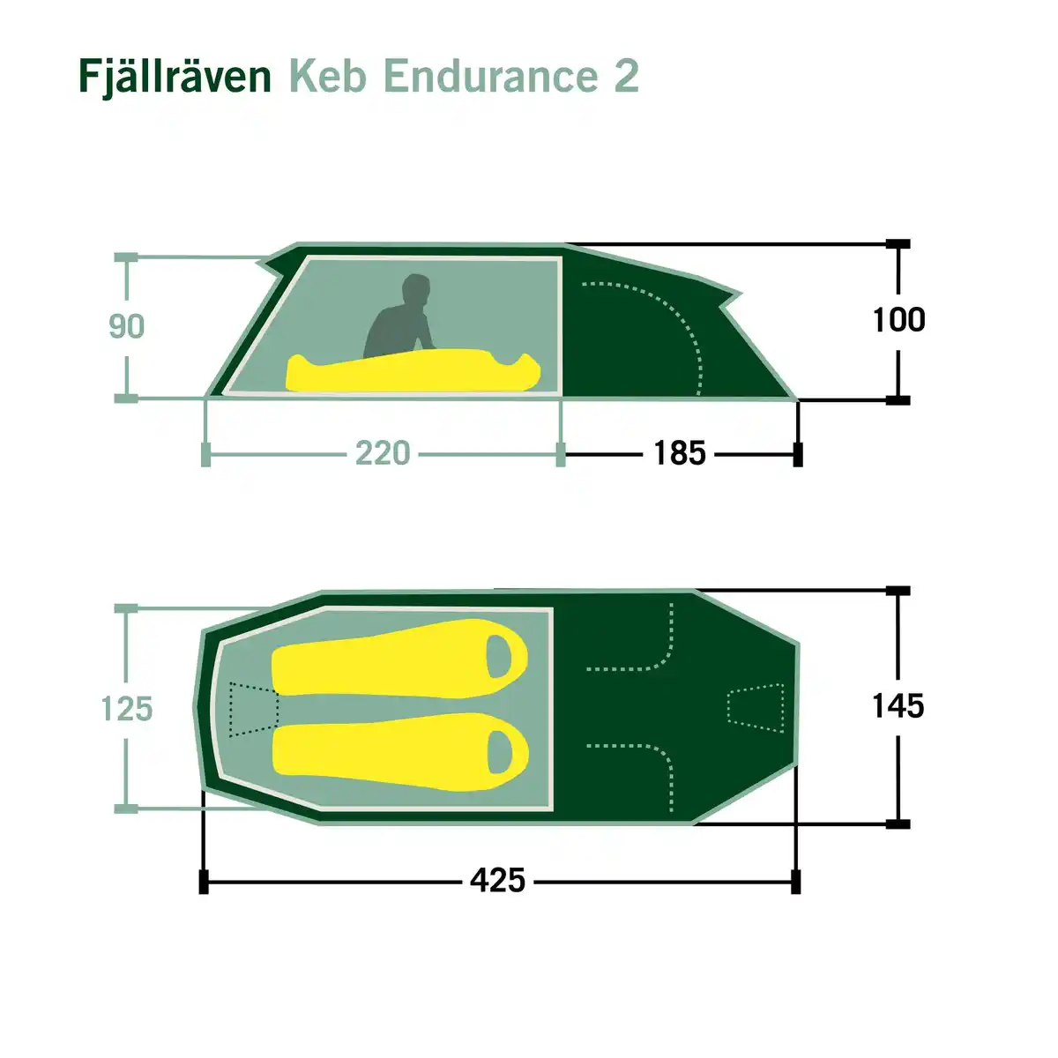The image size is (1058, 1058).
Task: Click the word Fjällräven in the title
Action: pyautogui.click(x=175, y=77)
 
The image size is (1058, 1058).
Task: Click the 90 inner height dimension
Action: pyautogui.click(x=126, y=326)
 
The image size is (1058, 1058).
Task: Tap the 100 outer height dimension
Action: pyautogui.click(x=898, y=319)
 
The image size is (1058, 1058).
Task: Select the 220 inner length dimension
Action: pyautogui.click(x=383, y=453)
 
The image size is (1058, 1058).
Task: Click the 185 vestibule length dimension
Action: pyautogui.click(x=680, y=453)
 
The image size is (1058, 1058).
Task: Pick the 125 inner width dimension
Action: pyautogui.click(x=127, y=708)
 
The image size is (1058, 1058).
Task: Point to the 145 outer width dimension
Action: pyautogui.click(x=898, y=705)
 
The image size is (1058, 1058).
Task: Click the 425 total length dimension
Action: pyautogui.click(x=497, y=880)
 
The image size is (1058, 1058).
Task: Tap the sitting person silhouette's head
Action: pyautogui.click(x=415, y=290)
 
